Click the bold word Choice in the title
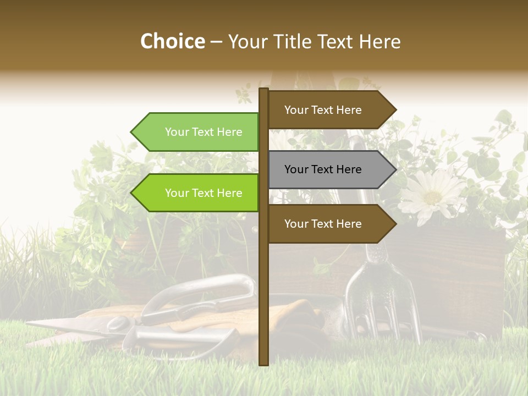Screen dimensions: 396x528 tap(172, 42)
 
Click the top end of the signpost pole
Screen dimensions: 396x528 tap(263, 90)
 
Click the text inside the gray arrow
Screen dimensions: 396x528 tap(323, 169)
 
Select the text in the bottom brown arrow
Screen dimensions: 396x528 tap(323, 224)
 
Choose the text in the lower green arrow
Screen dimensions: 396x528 tap(204, 193)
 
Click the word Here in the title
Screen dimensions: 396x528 tap(380, 42)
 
